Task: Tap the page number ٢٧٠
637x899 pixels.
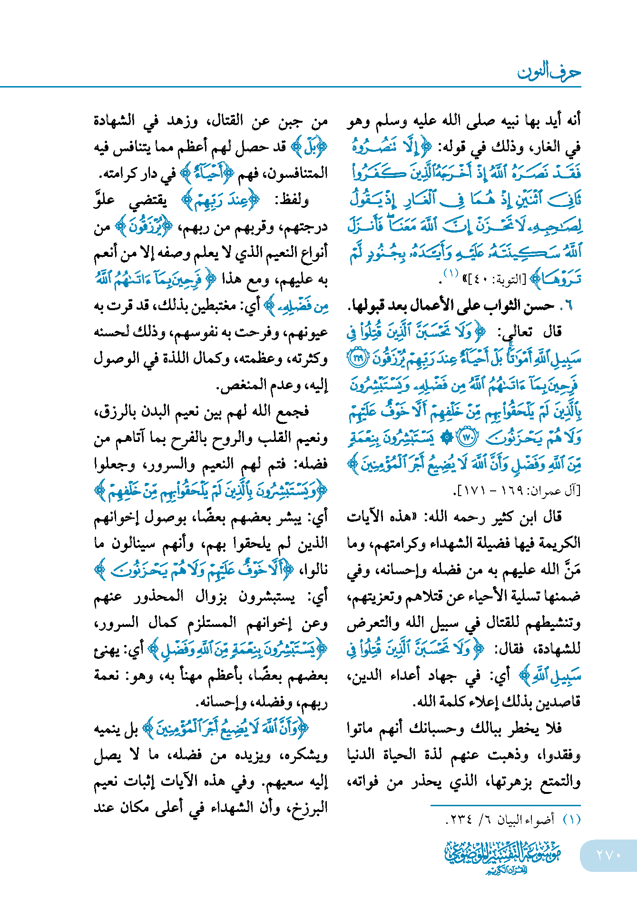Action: [x=608, y=855]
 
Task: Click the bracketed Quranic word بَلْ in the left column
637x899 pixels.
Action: [x=309, y=147]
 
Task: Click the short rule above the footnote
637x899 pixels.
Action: [x=505, y=805]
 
